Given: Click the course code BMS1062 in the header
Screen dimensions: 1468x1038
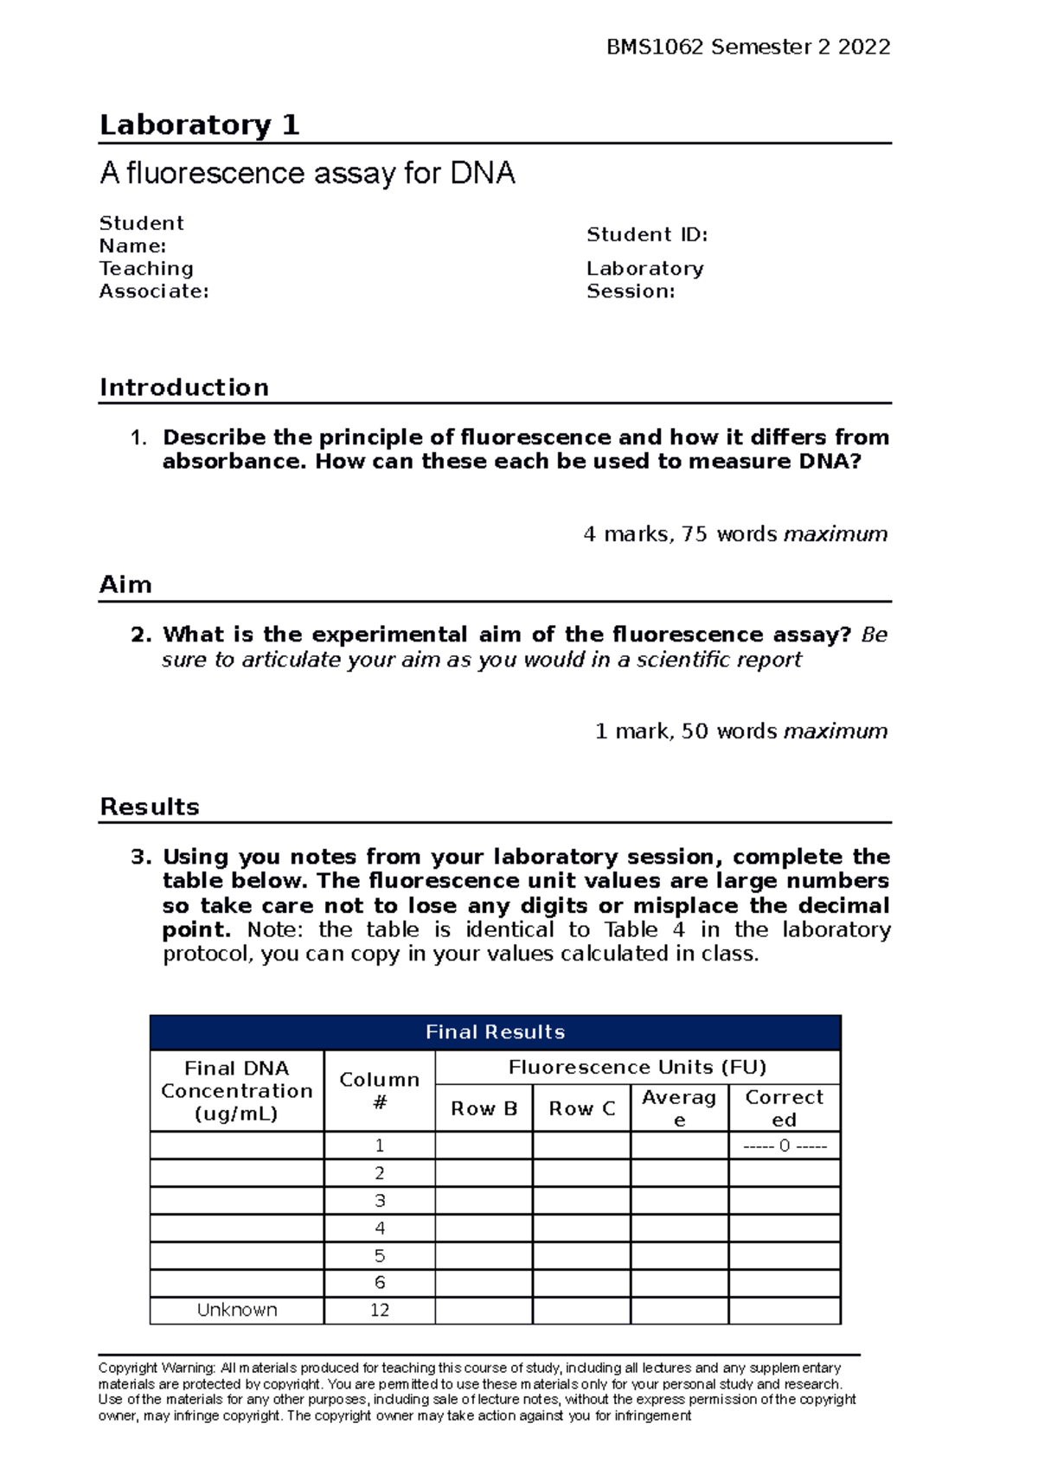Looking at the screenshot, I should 655,47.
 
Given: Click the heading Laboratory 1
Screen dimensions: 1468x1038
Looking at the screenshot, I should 199,125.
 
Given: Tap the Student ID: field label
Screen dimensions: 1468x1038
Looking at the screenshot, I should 647,234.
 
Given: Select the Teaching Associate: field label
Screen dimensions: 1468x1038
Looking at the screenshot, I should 153,280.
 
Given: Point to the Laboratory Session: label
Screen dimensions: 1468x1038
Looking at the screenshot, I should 644,280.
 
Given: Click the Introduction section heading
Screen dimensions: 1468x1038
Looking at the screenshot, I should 184,387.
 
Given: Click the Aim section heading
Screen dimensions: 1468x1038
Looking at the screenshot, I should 126,585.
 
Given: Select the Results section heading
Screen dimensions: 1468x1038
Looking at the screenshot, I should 150,807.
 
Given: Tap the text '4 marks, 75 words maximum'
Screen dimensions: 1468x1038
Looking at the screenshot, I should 735,534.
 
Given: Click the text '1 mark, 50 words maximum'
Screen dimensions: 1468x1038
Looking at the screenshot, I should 741,731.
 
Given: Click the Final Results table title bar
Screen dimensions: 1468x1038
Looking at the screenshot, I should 495,1032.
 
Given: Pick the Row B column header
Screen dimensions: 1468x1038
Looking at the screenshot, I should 484,1108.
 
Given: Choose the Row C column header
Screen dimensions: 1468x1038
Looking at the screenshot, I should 581,1108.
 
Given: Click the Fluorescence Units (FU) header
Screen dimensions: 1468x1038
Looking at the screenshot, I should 638,1068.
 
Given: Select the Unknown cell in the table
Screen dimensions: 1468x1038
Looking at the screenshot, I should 237,1310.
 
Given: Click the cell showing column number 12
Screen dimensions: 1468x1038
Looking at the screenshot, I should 380,1310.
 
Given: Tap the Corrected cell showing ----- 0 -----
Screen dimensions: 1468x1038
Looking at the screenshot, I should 785,1146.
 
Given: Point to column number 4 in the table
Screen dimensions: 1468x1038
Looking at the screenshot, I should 380,1229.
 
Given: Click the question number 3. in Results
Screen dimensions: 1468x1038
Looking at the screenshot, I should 141,857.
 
